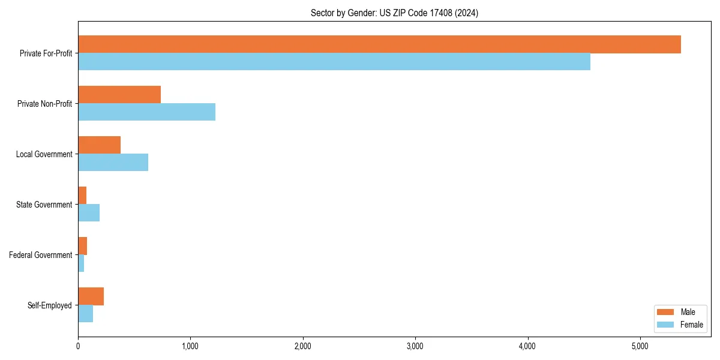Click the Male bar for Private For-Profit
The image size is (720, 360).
pos(379,44)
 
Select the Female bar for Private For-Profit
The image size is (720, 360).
pos(334,62)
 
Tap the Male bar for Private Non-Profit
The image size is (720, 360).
pos(119,95)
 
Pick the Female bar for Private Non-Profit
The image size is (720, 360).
pos(146,112)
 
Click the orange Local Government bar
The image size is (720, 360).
pos(99,145)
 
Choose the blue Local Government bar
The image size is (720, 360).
pos(113,163)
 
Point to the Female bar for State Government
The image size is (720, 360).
pos(89,213)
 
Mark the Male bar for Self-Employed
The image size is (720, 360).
pos(91,296)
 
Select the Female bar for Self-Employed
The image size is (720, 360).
pos(85,314)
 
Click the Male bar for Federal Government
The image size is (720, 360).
pos(82,246)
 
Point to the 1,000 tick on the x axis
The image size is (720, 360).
pos(190,346)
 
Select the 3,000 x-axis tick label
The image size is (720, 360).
pos(415,346)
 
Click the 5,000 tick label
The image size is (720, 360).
pos(640,346)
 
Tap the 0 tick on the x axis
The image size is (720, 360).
pos(78,346)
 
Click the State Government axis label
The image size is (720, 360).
pos(44,205)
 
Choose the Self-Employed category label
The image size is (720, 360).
pos(50,305)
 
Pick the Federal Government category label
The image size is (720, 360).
pos(41,255)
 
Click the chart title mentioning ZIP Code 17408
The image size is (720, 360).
pos(394,13)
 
